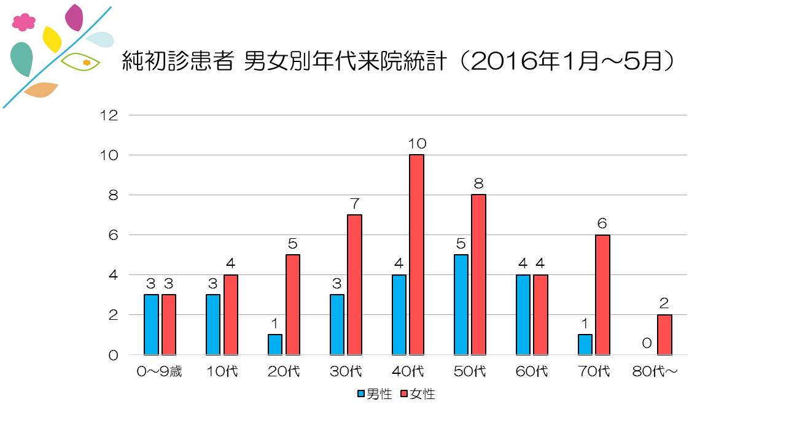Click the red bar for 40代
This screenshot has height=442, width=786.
(416, 255)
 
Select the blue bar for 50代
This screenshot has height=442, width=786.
(461, 304)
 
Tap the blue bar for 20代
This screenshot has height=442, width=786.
(275, 344)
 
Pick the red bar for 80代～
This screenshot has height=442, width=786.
(664, 335)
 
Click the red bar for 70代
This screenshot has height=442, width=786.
(602, 295)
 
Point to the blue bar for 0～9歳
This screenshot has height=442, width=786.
(151, 324)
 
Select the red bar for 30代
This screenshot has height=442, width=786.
(354, 285)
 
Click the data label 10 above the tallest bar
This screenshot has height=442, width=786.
(417, 144)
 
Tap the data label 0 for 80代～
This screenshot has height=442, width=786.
(647, 343)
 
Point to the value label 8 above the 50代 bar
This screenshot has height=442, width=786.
(478, 184)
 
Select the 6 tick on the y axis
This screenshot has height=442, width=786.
(114, 235)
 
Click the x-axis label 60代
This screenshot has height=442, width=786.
(532, 372)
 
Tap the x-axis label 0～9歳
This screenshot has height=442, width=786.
(160, 372)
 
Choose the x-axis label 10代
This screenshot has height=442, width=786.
(222, 372)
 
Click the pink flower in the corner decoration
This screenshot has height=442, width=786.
(23, 22)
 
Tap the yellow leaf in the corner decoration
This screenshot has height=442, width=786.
(52, 39)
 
